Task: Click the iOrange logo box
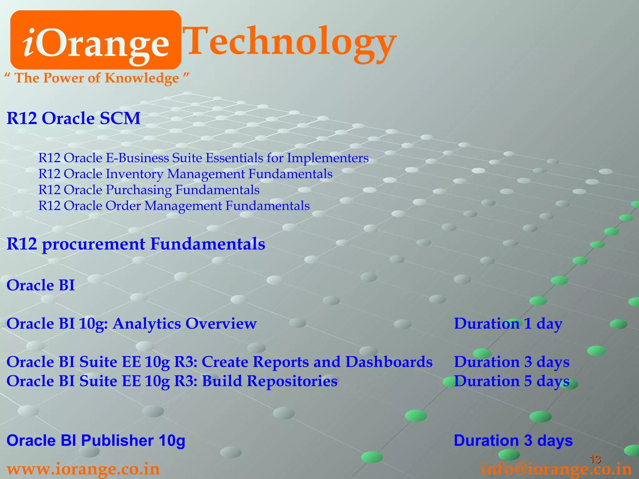coord(96,40)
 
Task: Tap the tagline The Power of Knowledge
coord(97,78)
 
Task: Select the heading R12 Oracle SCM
coord(74,119)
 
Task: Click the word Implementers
coord(328,158)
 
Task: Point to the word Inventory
coord(134,174)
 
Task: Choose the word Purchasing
coord(139,190)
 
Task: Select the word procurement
coord(94,244)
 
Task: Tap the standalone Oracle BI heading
coord(41,285)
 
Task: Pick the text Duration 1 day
coord(508,324)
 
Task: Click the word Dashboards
coord(389,362)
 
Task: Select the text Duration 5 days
coord(512,381)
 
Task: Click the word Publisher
coord(117,440)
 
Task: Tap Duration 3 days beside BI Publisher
coord(513,440)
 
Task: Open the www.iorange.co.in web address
coord(83,469)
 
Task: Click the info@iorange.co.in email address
coord(556,469)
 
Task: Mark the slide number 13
coord(595,459)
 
